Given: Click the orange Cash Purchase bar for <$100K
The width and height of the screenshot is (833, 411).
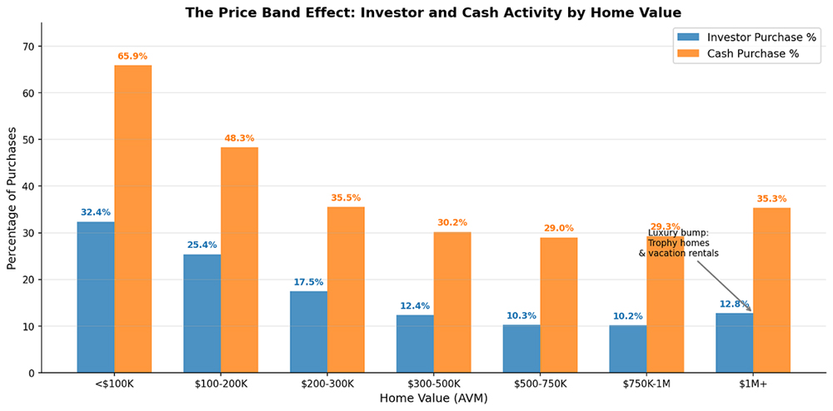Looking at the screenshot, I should pos(133,219).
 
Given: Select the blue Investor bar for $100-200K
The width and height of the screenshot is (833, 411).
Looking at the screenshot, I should pos(202,314).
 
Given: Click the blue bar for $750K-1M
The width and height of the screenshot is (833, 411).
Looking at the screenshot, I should pos(628,349).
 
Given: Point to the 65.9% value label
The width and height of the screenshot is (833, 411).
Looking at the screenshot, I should pos(133,57).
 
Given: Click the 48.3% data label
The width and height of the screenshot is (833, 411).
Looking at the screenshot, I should pos(239,138).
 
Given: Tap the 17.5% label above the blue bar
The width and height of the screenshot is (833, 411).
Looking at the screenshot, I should pos(309,282).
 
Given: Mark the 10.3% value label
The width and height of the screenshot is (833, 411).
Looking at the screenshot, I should pos(521,315).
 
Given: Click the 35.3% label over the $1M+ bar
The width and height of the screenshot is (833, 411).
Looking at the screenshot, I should pos(771,199).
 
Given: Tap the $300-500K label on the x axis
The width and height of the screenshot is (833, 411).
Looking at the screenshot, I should pos(433,384).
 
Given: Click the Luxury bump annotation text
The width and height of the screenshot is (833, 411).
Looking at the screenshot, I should pos(678,243).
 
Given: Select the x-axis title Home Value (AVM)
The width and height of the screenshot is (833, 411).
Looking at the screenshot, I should pos(433,399).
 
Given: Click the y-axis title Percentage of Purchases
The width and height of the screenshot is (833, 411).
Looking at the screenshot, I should pos(12,198).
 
